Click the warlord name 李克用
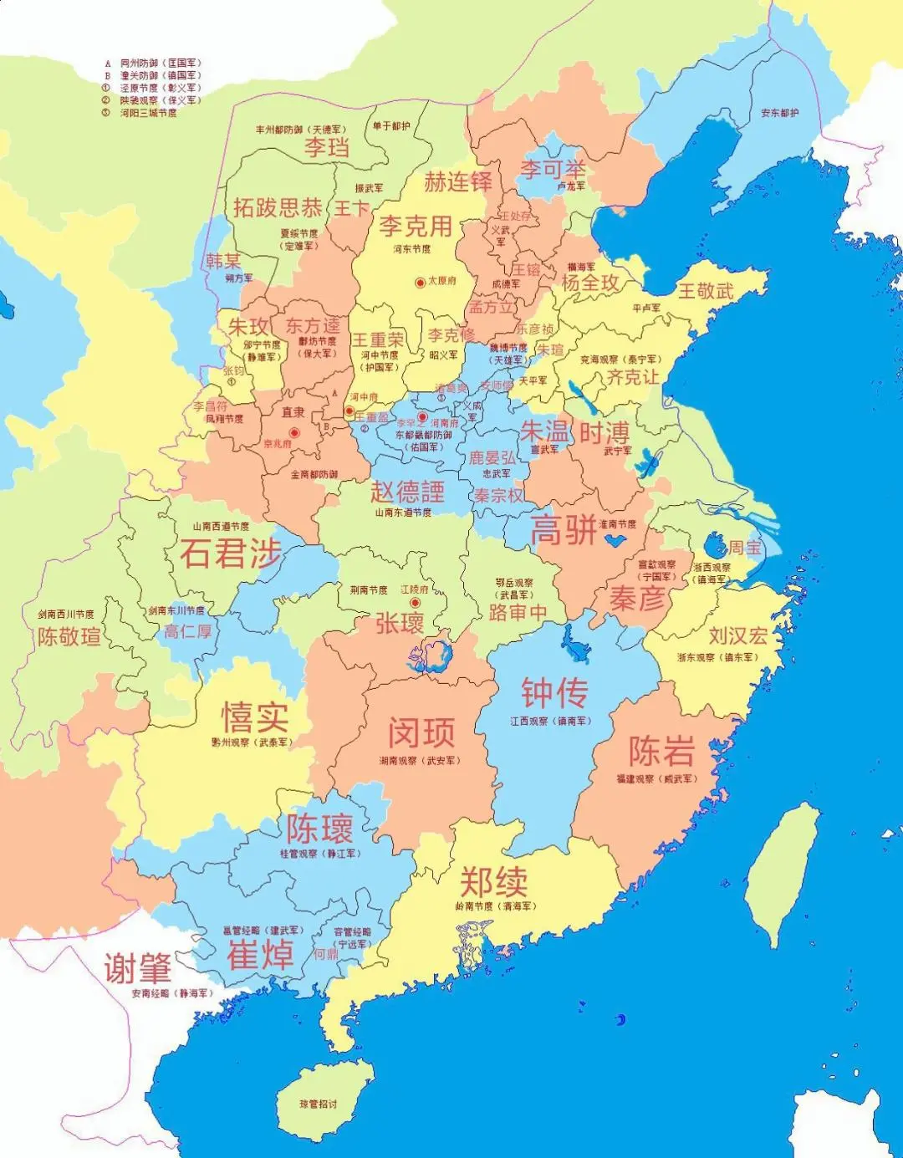pos(416,226)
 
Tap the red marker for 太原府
pos(420,283)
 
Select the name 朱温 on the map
pos(544,431)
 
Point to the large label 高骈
pos(564,530)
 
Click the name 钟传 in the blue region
pos(554,693)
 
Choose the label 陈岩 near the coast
pos(661,752)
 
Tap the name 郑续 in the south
pos(493,881)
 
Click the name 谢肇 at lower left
pos(138,968)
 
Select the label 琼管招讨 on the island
pos(319,1104)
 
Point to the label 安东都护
pos(779,113)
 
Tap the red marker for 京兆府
pos(293,432)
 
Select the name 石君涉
pos(231,553)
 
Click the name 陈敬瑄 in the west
pos(69,636)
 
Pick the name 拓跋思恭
pos(278,207)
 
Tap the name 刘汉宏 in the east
pos(737,635)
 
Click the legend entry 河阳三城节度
pos(148,113)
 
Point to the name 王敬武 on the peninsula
pos(705,290)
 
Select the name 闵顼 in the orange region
pos(421,732)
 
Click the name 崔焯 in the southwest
pos(260,955)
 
